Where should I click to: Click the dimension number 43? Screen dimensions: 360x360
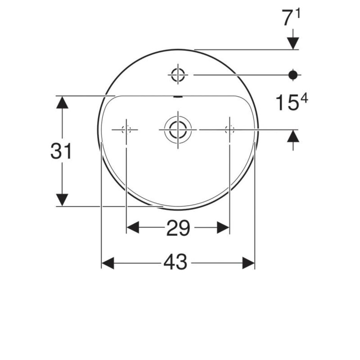click(175, 262)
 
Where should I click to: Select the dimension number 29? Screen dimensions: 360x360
click(178, 228)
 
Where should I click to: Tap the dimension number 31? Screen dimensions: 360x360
click(61, 151)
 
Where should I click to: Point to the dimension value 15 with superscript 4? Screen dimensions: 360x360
click(291, 102)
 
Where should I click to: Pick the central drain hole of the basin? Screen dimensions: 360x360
click(178, 130)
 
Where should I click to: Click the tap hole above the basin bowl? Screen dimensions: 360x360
click(178, 75)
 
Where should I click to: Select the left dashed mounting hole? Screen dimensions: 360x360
click(126, 130)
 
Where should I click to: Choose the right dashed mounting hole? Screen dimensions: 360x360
click(230, 130)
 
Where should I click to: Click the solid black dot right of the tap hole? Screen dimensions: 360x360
click(293, 75)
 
